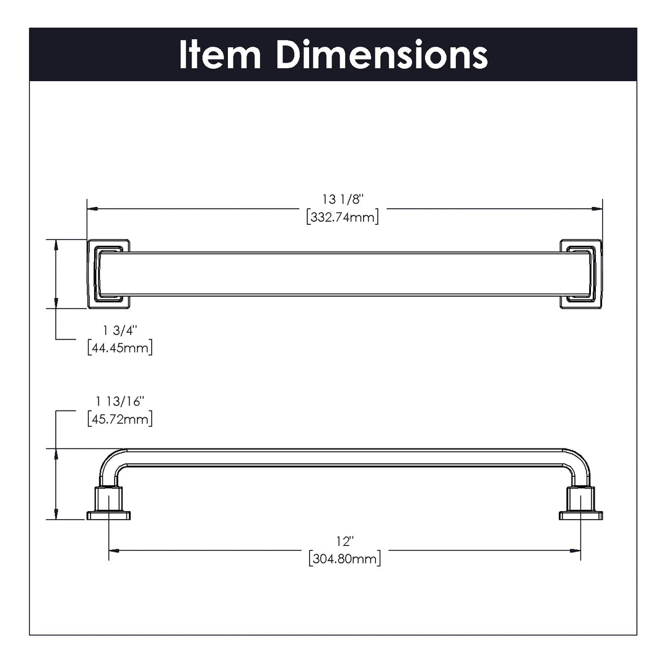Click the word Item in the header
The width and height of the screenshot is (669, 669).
220,55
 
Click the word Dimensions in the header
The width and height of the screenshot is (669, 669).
382,55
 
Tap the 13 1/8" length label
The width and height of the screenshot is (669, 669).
343,199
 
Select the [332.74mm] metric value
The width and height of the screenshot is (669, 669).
343,217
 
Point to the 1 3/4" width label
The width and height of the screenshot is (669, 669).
120,330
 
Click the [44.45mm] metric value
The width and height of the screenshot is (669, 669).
120,348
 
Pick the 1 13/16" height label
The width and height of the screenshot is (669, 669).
120,401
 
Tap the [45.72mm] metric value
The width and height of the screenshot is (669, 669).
120,419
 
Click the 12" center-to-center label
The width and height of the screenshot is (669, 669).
345,541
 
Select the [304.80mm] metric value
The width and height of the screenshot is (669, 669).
345,559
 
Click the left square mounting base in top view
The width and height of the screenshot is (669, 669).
108,274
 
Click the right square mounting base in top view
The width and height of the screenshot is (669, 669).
580,274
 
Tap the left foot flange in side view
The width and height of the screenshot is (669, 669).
108,515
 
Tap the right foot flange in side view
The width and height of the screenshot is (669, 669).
580,515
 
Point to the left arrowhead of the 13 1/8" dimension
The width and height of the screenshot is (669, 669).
92,209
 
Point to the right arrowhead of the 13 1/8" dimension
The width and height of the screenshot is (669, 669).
597,209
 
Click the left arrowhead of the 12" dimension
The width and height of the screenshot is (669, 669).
114,551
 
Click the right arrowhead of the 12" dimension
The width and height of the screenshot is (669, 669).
575,551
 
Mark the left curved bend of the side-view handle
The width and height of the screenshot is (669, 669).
110,460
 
